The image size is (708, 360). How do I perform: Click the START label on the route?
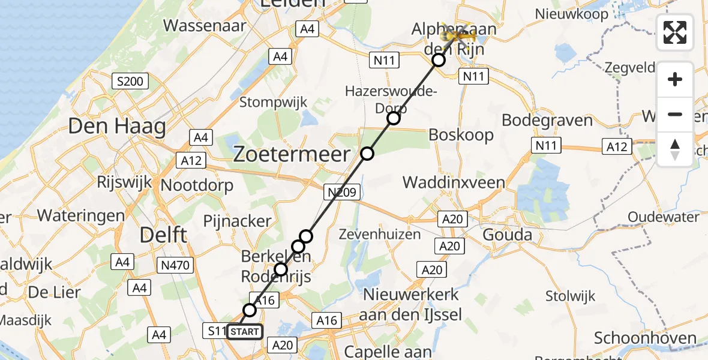[x=245, y=332]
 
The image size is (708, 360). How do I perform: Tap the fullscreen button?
[x=675, y=32]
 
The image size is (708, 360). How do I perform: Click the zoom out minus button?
[x=675, y=114]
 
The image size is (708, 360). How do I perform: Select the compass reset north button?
[x=675, y=149]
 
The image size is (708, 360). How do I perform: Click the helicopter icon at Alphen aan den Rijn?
[x=460, y=35]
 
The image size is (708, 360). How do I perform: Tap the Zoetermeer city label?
[x=291, y=155]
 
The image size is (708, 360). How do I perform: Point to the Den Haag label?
[x=116, y=127]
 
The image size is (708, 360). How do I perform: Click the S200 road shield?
[x=130, y=81]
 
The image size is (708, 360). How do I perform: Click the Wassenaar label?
[x=205, y=26]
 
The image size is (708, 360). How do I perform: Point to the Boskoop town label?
[x=461, y=134]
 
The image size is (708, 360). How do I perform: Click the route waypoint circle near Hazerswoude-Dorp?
[x=393, y=118]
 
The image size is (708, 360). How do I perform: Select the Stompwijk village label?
[x=274, y=102]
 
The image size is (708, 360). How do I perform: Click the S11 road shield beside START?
[x=216, y=331]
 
